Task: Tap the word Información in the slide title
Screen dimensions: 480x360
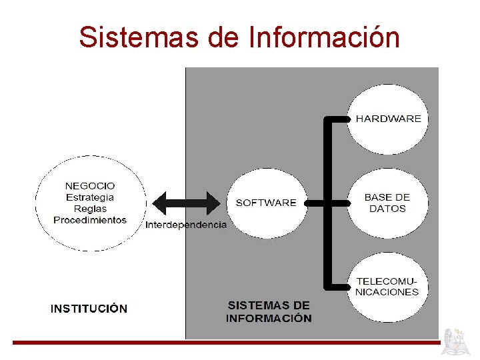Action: [323, 37]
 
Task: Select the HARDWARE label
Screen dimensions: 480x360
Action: [388, 119]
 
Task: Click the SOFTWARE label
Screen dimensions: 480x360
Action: [266, 203]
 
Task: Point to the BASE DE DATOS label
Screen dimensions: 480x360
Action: [387, 203]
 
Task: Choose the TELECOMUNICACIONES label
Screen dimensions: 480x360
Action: [387, 287]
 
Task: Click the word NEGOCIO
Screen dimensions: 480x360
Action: [90, 186]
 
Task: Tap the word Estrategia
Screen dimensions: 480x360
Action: [90, 197]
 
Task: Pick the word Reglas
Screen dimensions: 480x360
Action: [90, 209]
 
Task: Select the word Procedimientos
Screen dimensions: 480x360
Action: [90, 220]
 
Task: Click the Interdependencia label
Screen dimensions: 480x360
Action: [186, 225]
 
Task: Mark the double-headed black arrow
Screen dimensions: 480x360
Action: [186, 203]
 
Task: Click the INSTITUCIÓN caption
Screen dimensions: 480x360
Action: [89, 309]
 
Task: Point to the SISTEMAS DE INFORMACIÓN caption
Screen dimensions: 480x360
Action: [269, 311]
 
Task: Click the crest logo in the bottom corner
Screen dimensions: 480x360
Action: [457, 341]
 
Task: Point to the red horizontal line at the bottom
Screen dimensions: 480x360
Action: [227, 343]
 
